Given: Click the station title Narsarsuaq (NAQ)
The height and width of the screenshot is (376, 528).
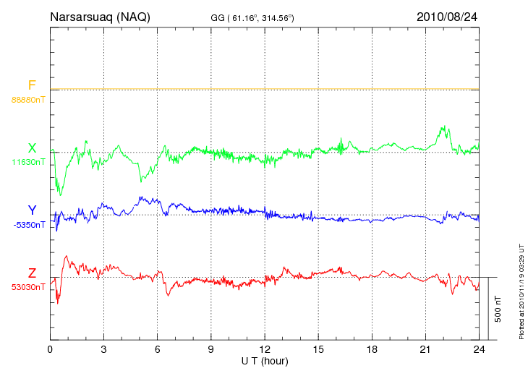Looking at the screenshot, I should click(100, 17).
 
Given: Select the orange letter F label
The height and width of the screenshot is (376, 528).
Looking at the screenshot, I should click(32, 85).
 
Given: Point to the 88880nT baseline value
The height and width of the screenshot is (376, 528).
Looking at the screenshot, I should click(27, 99).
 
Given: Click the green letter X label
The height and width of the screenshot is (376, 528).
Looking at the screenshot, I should click(32, 148).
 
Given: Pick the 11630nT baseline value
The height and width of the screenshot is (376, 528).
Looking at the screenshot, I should click(27, 162).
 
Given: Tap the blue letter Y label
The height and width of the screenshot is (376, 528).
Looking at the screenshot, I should click(32, 210).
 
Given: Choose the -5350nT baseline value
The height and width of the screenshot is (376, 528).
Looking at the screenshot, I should click(27, 225).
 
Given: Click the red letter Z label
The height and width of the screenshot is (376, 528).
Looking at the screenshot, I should click(32, 273).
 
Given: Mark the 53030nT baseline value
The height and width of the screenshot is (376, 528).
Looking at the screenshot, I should click(27, 287).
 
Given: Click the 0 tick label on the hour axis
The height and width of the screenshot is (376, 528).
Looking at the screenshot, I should click(50, 349).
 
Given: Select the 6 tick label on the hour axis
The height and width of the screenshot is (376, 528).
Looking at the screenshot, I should click(157, 349).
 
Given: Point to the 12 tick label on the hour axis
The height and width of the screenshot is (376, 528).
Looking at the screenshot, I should click(265, 349).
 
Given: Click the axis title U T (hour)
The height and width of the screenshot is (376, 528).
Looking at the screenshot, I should click(265, 360).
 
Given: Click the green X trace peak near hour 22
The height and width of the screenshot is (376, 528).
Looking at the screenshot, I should click(443, 127).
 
